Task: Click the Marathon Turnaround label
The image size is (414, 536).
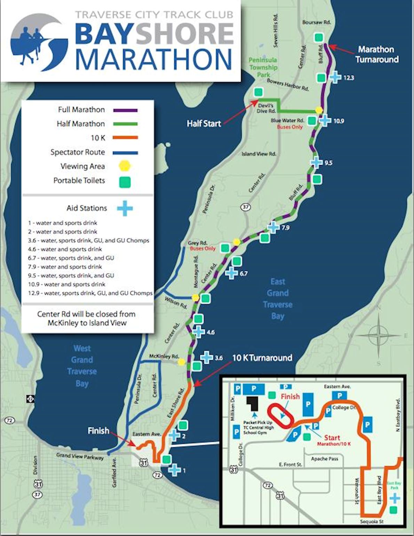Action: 377,54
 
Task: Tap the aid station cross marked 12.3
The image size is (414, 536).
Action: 335,77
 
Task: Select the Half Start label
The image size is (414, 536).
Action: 204,123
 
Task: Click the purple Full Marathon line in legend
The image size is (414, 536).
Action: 125,110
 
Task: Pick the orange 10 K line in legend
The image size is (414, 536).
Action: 125,138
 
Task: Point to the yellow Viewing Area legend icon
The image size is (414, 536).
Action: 125,166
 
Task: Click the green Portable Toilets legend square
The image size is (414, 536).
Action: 125,181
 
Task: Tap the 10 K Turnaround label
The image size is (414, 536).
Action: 262,358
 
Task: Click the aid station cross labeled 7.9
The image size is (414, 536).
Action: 273,227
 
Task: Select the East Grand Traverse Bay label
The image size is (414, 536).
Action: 277,298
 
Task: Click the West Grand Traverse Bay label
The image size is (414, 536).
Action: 82,366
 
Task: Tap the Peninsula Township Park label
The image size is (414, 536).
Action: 263,67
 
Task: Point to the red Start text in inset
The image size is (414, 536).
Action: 332,437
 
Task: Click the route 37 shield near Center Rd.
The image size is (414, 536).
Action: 246,207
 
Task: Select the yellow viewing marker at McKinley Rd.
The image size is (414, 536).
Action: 181,362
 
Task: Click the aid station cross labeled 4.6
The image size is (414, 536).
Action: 198,332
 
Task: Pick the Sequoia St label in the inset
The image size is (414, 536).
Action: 372,521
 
